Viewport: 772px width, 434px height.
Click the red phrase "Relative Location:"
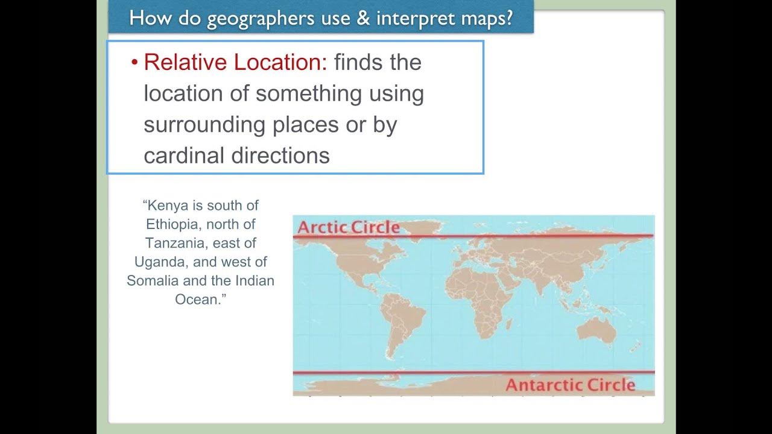(235, 62)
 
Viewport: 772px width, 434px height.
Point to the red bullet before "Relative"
(134, 63)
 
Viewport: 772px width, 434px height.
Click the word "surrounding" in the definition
(204, 125)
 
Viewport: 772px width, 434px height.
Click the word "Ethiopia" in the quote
(171, 224)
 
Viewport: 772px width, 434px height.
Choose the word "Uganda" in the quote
(159, 262)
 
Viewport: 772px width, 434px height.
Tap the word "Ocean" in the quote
(195, 299)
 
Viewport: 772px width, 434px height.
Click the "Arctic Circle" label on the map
(349, 227)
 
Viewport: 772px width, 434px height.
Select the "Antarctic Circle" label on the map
(570, 385)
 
